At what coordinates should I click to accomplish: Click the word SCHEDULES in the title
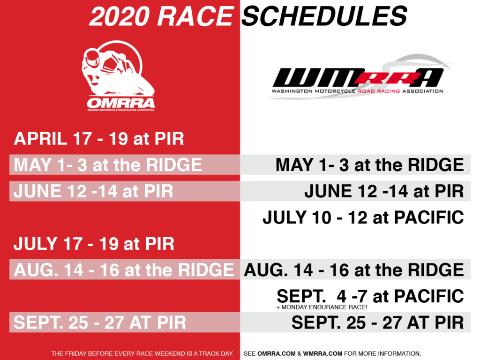324,16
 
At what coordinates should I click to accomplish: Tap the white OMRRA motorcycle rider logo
118,75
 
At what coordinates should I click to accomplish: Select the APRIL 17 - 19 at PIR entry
99,138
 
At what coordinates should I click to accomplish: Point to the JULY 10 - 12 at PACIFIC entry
363,217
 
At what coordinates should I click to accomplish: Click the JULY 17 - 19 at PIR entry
94,244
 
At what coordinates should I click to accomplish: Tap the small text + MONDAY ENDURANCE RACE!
322,307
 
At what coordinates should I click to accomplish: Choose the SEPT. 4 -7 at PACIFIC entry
370,296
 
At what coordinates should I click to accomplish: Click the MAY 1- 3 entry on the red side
108,165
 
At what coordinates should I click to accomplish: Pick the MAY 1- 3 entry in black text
369,165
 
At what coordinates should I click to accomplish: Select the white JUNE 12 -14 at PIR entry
93,191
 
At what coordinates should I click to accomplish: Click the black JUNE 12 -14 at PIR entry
384,191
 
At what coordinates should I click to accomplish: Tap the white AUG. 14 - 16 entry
124,270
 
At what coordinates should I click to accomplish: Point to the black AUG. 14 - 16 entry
354,270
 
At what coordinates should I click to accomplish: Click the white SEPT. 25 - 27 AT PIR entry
100,322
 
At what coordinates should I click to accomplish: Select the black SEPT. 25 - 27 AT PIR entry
378,322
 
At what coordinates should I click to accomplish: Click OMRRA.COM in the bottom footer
277,353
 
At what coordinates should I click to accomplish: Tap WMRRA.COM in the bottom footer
322,353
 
